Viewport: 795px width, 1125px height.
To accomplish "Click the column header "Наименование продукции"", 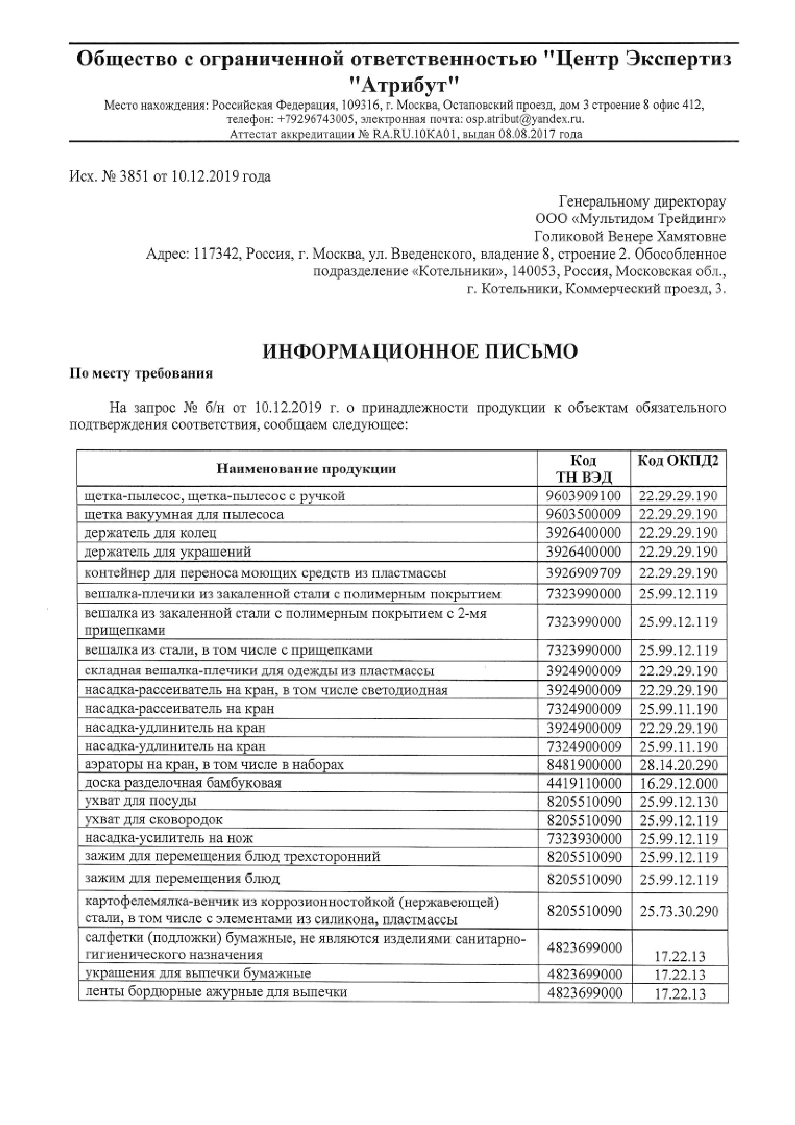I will [x=307, y=469].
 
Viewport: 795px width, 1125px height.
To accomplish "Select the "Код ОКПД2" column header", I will [x=678, y=461].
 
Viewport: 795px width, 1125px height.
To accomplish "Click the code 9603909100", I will [x=583, y=496].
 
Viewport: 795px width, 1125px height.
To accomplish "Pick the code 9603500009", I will [x=583, y=514].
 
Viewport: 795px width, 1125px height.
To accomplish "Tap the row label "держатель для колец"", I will [x=151, y=533].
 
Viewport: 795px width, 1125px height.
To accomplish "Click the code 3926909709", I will [x=583, y=573].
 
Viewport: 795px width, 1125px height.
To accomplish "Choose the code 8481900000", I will [x=583, y=764].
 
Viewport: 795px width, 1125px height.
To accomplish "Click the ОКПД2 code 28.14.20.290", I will [x=678, y=764].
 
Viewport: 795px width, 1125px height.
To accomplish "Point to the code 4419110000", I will [x=583, y=783].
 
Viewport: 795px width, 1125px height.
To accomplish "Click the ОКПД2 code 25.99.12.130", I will [x=678, y=802].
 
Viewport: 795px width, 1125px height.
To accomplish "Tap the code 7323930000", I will [x=583, y=838].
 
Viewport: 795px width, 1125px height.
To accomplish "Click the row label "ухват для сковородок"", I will [x=154, y=820].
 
